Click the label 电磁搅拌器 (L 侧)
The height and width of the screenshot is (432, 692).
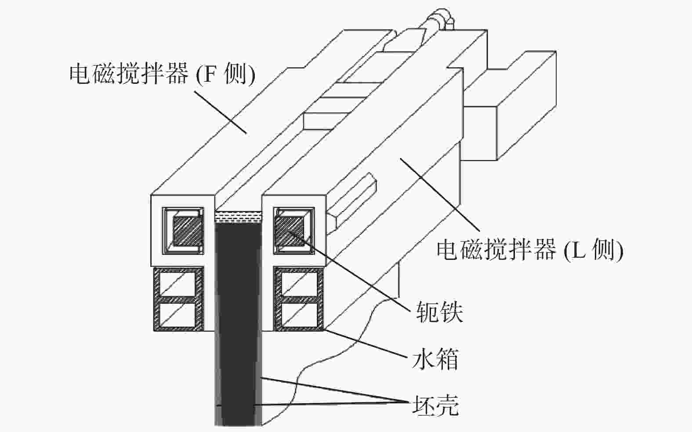529,251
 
